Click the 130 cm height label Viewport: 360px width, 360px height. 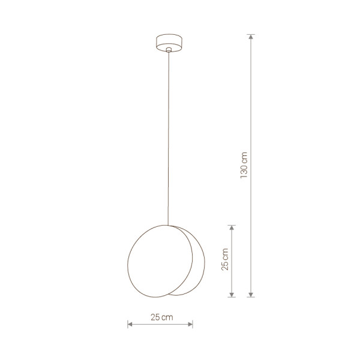244,166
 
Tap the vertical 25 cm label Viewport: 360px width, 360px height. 225,259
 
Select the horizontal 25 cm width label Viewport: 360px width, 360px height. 162,317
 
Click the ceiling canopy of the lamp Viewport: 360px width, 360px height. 169,43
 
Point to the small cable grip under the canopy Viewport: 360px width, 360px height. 169,50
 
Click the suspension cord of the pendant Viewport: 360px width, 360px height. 169,139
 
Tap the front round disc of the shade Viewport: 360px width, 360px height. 160,261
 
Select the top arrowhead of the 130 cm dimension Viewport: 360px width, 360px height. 251,37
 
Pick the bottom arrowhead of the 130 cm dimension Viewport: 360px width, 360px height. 251,295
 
